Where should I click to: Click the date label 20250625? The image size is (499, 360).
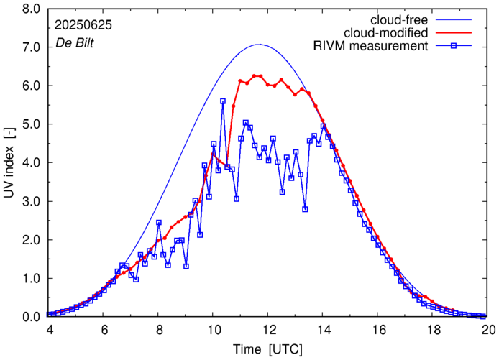(x=83, y=25)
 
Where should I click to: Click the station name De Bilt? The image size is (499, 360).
(x=75, y=43)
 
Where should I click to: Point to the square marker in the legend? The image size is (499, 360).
(x=457, y=47)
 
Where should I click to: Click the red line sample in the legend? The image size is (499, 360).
(x=457, y=33)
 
